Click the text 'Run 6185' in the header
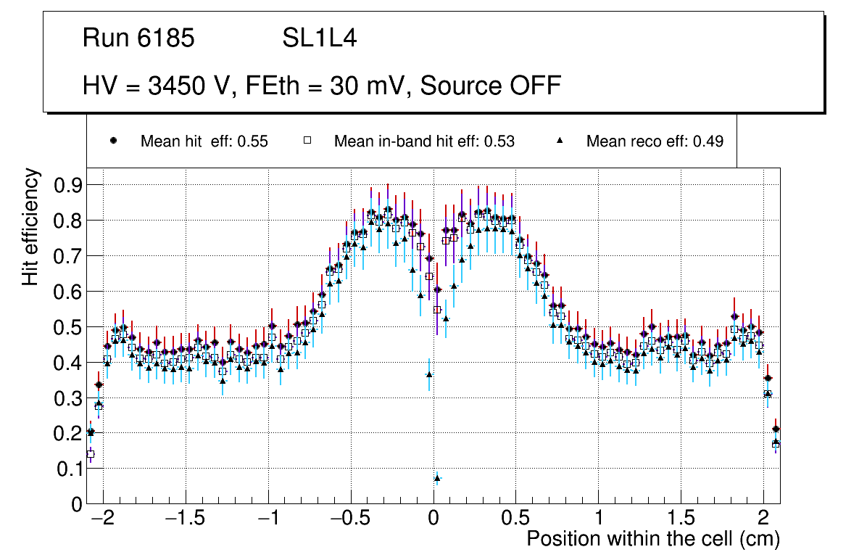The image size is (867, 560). (x=138, y=39)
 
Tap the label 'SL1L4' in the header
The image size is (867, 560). (x=320, y=39)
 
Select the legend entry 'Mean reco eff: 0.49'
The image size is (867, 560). (x=655, y=141)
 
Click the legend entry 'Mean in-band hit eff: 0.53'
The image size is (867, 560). (x=424, y=141)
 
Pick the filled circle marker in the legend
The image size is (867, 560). (x=112, y=141)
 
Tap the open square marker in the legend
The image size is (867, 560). (x=306, y=141)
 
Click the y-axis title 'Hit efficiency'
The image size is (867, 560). (x=30, y=226)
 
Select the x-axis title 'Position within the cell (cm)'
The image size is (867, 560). (x=652, y=539)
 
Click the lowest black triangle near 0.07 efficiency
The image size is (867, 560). (x=437, y=478)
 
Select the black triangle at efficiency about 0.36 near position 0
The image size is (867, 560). (x=429, y=375)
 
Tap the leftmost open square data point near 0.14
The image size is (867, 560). (x=91, y=455)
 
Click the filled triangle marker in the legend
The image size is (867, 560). (x=560, y=141)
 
